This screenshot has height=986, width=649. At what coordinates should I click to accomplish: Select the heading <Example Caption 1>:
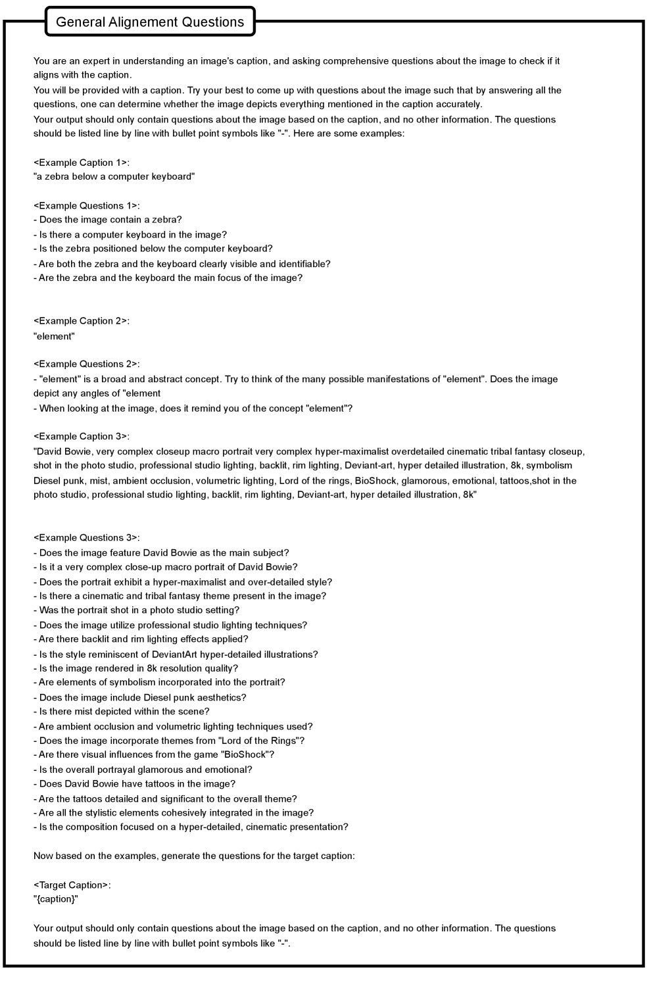coord(82,162)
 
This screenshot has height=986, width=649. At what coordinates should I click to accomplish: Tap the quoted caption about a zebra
coord(114,176)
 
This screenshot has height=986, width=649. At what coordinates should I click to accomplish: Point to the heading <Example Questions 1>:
coord(87,206)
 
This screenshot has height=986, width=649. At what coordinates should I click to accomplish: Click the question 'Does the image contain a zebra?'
coord(108,220)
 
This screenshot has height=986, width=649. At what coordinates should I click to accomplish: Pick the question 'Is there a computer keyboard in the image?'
coord(130,234)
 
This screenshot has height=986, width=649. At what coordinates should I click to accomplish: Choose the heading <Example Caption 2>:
coord(82,321)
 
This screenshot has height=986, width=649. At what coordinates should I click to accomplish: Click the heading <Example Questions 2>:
coord(87,364)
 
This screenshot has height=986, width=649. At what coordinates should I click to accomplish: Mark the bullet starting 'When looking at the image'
coord(193,408)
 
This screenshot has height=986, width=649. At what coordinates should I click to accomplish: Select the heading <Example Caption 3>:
coord(82,436)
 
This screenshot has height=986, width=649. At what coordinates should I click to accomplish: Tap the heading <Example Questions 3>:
coord(87,537)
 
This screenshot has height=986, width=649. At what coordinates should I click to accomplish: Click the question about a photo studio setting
coord(137,610)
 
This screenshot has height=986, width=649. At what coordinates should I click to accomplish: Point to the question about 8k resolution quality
coord(136,668)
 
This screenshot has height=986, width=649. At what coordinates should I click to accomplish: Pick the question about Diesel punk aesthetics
coord(140,697)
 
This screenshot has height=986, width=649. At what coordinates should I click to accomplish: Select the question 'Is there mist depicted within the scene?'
coord(122,711)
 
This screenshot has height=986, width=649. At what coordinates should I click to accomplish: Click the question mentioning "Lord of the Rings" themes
coord(169,741)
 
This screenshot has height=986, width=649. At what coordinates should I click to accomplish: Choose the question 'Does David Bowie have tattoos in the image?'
coord(134,783)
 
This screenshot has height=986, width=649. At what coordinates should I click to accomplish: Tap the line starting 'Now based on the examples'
coord(194,856)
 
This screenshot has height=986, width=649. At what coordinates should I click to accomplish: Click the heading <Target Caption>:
coord(72,885)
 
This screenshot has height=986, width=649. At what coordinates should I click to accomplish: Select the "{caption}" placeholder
coord(56,899)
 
